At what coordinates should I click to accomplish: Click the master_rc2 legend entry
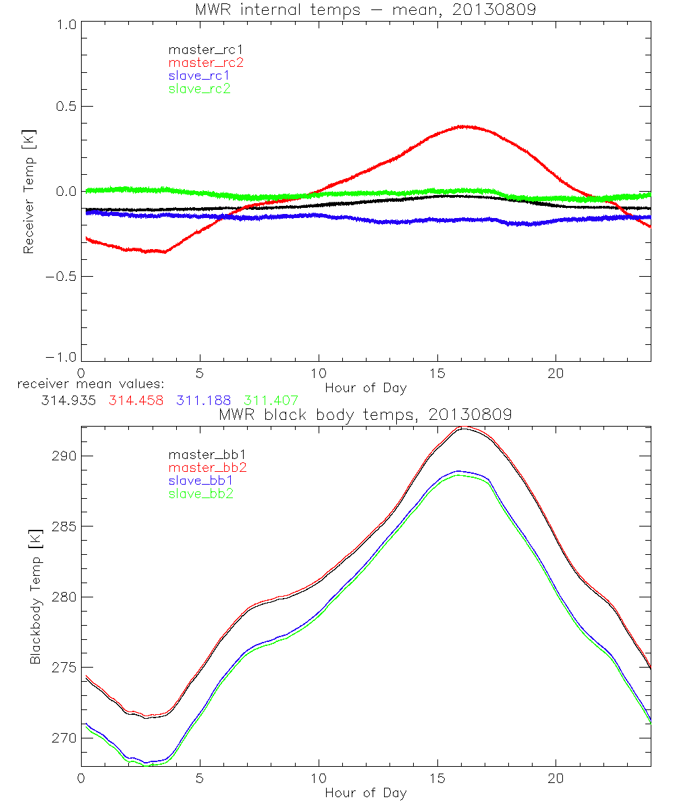206,62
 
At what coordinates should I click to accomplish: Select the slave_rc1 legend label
200,75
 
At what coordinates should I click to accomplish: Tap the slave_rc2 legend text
200,88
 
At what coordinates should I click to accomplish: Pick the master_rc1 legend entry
205,49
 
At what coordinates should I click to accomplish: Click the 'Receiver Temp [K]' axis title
29,192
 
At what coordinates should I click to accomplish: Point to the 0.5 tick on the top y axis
65,107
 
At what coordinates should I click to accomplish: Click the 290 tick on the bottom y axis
65,456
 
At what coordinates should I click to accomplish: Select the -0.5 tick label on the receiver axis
61,276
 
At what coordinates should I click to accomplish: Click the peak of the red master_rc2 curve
463,126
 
